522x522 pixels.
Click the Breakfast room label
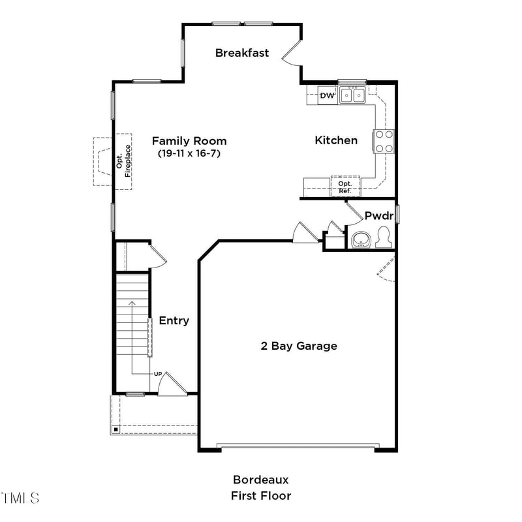click(242, 53)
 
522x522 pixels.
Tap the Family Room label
click(189, 140)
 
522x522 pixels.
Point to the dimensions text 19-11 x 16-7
click(189, 153)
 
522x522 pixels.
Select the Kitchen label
click(336, 140)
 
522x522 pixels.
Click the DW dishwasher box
click(328, 97)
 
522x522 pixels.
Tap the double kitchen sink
click(352, 96)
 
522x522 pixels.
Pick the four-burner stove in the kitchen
click(384, 141)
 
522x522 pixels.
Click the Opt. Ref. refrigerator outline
click(345, 187)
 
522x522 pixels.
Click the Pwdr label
click(377, 215)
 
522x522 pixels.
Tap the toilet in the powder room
click(384, 238)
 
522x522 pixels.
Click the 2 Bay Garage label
click(299, 346)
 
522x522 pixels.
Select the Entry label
click(174, 320)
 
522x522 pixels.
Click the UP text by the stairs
click(158, 374)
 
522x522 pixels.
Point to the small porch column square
click(115, 429)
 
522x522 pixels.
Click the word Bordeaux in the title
click(260, 480)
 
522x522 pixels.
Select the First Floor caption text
click(260, 496)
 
